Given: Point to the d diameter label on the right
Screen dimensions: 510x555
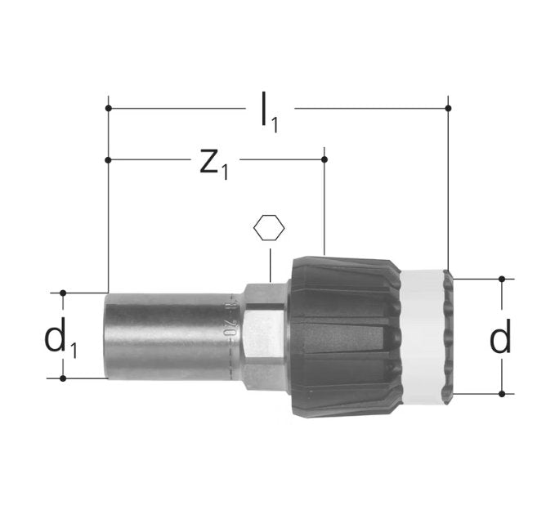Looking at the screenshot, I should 499,338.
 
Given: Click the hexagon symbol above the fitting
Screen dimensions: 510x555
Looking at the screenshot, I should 269,228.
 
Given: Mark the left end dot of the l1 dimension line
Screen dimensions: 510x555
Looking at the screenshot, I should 108,107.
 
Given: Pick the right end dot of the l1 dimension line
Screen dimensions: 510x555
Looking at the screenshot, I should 448,107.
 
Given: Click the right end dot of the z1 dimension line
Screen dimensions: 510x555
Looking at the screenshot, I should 324,159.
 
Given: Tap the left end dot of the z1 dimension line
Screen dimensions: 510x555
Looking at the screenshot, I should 108,159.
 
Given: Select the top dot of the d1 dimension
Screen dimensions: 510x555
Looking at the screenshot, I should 63,292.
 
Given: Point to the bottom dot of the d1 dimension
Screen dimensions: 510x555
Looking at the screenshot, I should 63,378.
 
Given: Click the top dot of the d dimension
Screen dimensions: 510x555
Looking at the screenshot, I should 502,279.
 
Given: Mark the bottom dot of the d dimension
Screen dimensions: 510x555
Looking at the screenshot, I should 502,393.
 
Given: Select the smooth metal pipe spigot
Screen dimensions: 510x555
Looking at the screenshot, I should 163,335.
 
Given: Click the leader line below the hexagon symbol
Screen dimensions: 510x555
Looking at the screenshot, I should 269,262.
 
